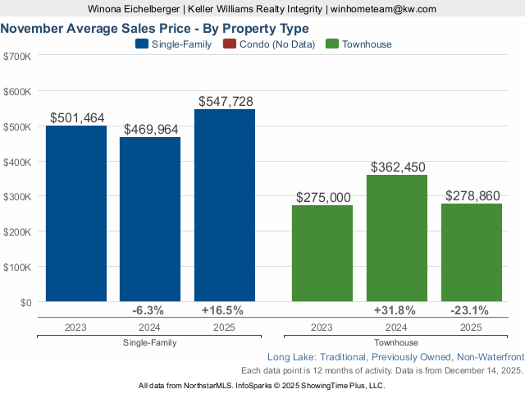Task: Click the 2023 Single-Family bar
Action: [76, 213]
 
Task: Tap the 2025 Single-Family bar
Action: [225, 205]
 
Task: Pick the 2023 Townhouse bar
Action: [322, 254]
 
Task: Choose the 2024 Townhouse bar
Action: [397, 238]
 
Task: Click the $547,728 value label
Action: [226, 101]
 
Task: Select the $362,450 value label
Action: [398, 167]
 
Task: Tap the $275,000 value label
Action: [322, 198]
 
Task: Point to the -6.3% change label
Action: [148, 310]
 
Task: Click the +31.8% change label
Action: [395, 310]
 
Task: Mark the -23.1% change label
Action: [470, 310]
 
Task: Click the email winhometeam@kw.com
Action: [383, 8]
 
